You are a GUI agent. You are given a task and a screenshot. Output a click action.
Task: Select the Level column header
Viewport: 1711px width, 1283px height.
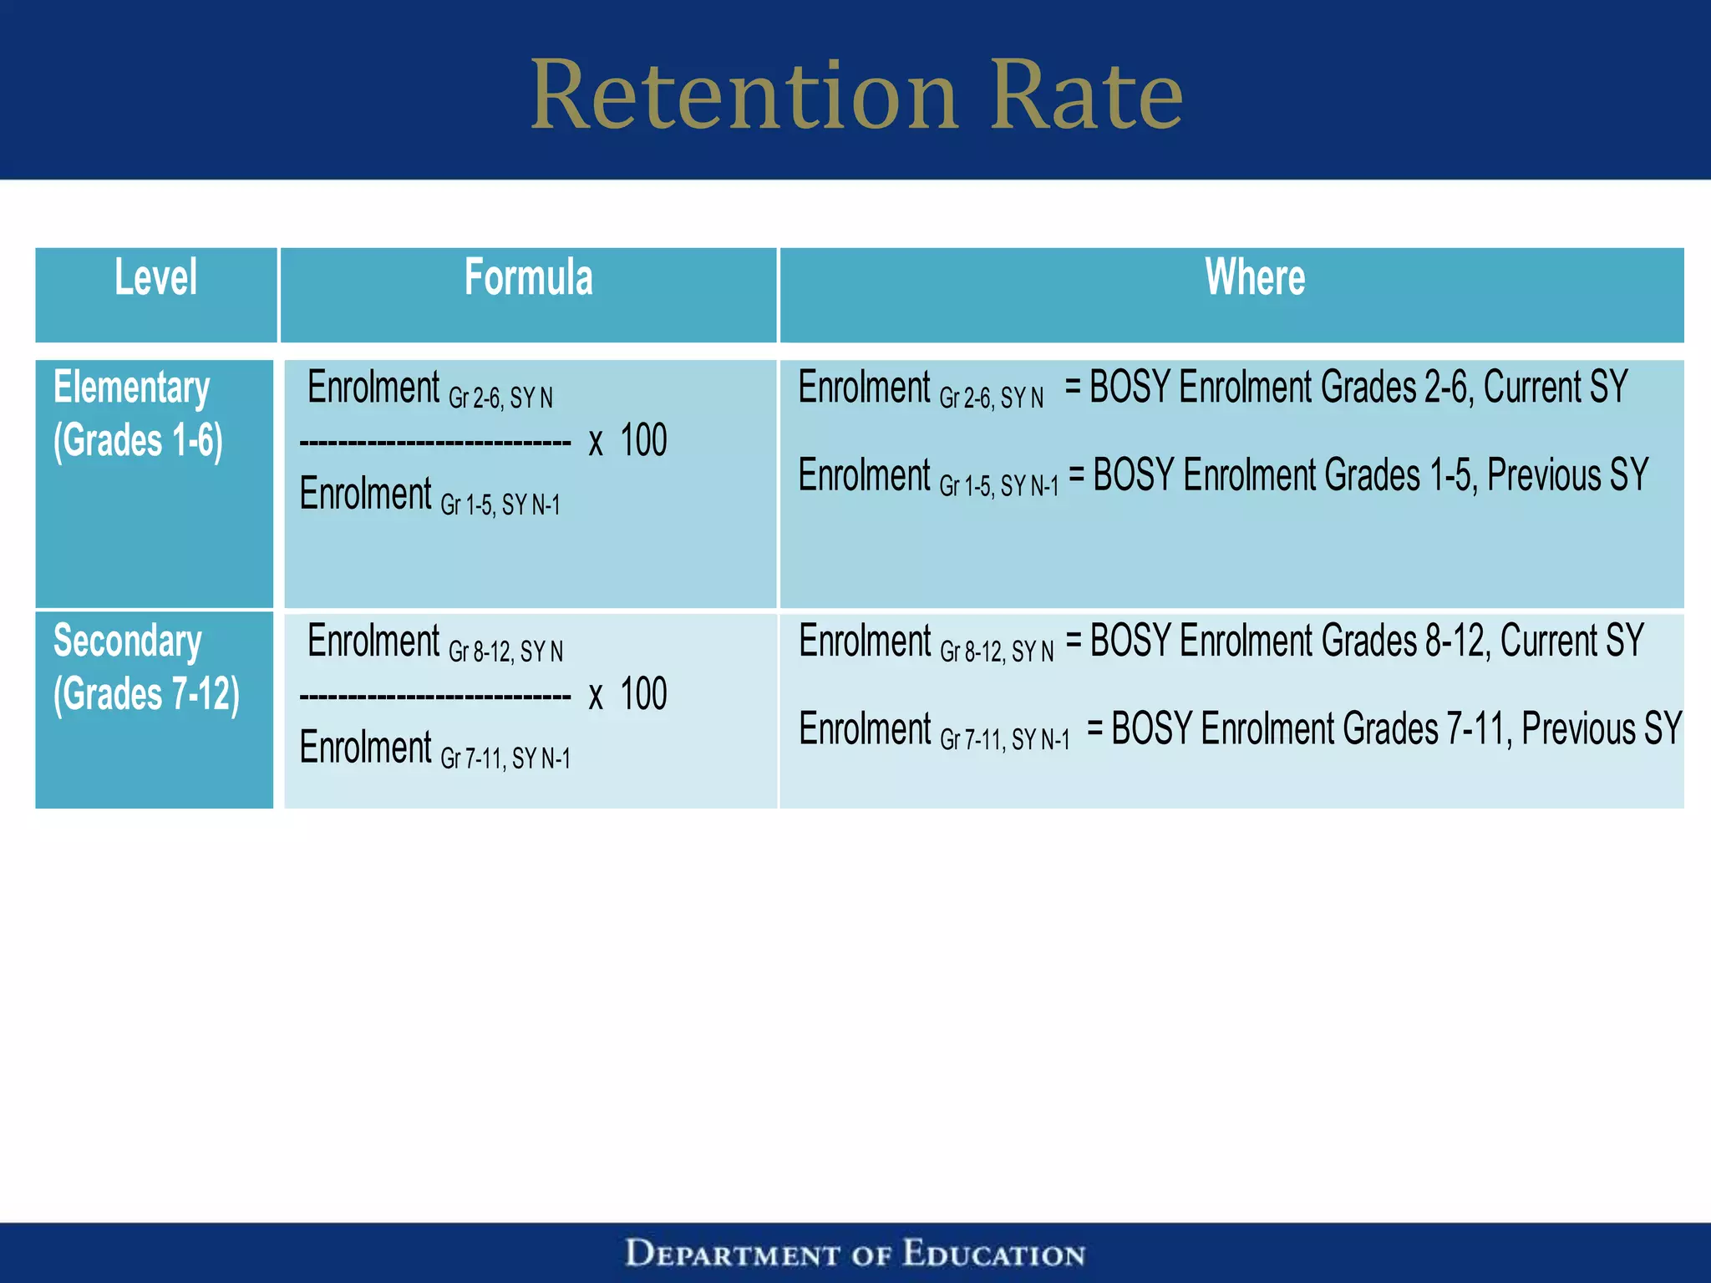point(155,278)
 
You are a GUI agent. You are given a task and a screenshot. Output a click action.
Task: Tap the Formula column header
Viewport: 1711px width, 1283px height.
point(528,278)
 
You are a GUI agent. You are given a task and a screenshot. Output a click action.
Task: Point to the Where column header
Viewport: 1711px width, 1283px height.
point(1255,278)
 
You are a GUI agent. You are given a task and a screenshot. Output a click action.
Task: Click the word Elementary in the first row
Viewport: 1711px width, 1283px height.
point(131,388)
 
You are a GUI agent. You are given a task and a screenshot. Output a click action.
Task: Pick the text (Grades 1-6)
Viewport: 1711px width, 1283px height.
point(138,441)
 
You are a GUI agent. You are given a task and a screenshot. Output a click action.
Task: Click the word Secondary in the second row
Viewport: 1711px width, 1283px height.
point(127,641)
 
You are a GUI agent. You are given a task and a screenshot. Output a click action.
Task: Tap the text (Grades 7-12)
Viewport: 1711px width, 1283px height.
point(146,695)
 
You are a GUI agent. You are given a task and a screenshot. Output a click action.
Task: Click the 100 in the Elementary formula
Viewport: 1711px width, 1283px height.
point(643,440)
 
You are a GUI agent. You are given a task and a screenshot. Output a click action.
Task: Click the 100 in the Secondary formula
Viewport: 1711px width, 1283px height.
point(643,694)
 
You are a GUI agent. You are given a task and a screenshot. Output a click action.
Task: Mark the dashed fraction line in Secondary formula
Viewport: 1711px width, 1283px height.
point(434,697)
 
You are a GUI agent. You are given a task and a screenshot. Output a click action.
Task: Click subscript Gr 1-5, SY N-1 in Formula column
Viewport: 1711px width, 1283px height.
point(500,505)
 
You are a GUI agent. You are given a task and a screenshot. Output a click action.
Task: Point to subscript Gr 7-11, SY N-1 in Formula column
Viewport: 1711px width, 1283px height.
point(505,758)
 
